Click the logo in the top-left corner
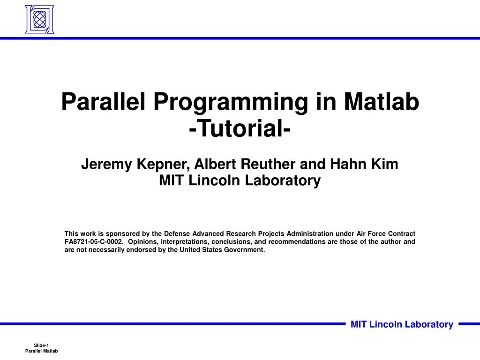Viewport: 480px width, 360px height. click(x=39, y=19)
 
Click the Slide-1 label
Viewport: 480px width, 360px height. click(x=41, y=345)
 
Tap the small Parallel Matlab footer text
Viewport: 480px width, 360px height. click(x=41, y=351)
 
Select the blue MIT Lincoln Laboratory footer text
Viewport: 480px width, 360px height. click(x=402, y=324)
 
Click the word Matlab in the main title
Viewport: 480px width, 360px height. click(x=381, y=102)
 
